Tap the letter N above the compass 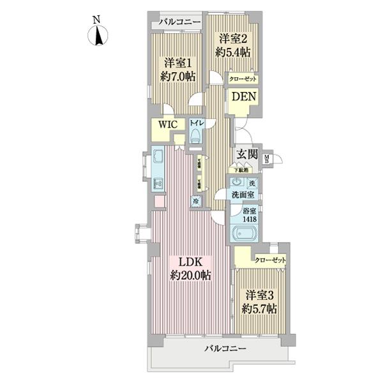98,19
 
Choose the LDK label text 191,262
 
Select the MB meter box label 267,160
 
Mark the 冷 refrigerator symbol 195,200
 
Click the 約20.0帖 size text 191,276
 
